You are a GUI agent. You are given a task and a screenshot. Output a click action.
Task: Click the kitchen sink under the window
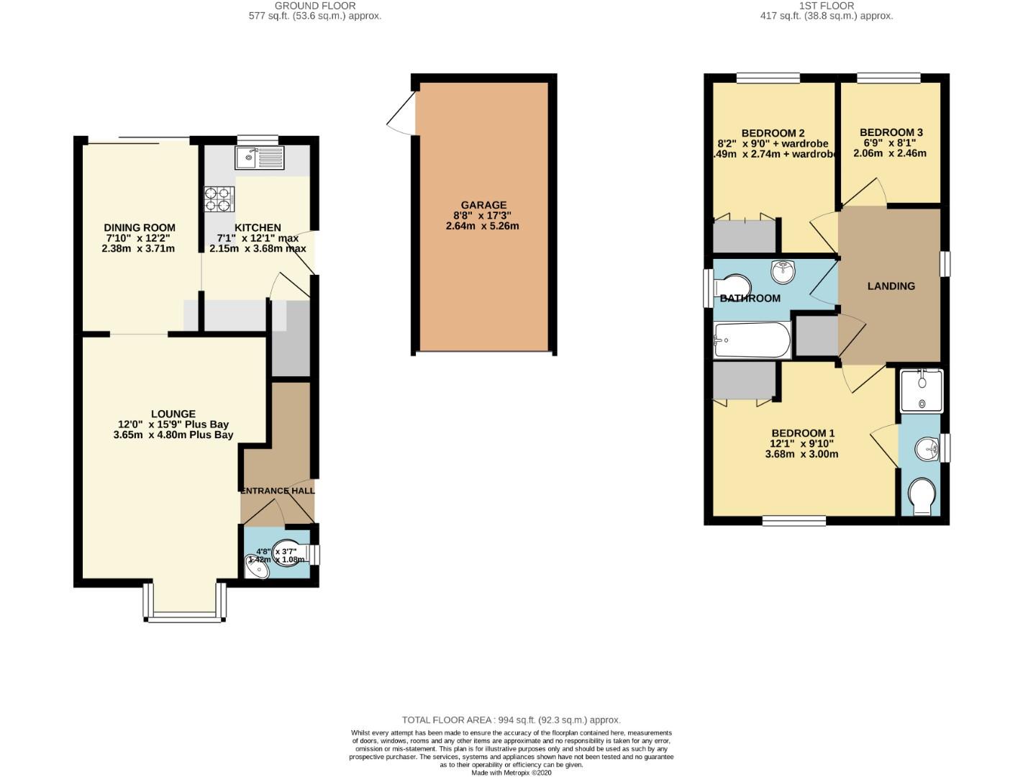(259, 158)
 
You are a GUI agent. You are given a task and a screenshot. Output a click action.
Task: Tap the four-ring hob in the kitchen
(219, 199)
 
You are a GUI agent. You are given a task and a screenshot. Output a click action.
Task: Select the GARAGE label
(483, 205)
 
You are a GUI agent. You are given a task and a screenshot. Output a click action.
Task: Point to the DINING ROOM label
(140, 227)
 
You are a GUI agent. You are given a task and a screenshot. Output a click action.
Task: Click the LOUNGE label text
(173, 414)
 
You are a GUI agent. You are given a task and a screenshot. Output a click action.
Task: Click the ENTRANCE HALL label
(277, 491)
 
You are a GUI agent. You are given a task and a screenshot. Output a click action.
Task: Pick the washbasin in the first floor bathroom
(783, 271)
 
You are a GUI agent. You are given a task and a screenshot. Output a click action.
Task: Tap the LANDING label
(891, 286)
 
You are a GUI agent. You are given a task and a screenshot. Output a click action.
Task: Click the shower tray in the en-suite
(921, 391)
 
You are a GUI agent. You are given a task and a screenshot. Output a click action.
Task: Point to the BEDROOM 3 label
(891, 132)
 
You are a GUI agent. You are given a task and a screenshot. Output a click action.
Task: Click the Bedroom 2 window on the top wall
(768, 78)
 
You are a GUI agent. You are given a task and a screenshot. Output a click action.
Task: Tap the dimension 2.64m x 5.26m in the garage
(482, 226)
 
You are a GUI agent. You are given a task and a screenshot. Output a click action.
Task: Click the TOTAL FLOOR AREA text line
(511, 719)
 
